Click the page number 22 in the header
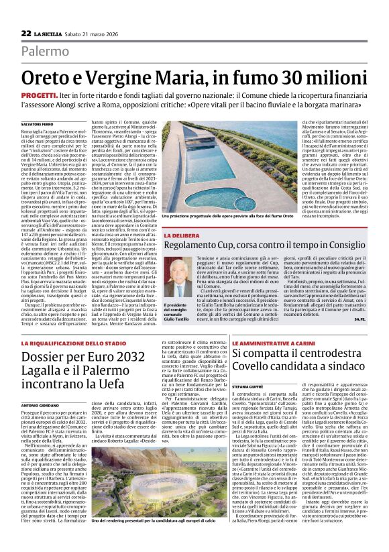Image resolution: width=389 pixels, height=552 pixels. pyautogui.click(x=25, y=33)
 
